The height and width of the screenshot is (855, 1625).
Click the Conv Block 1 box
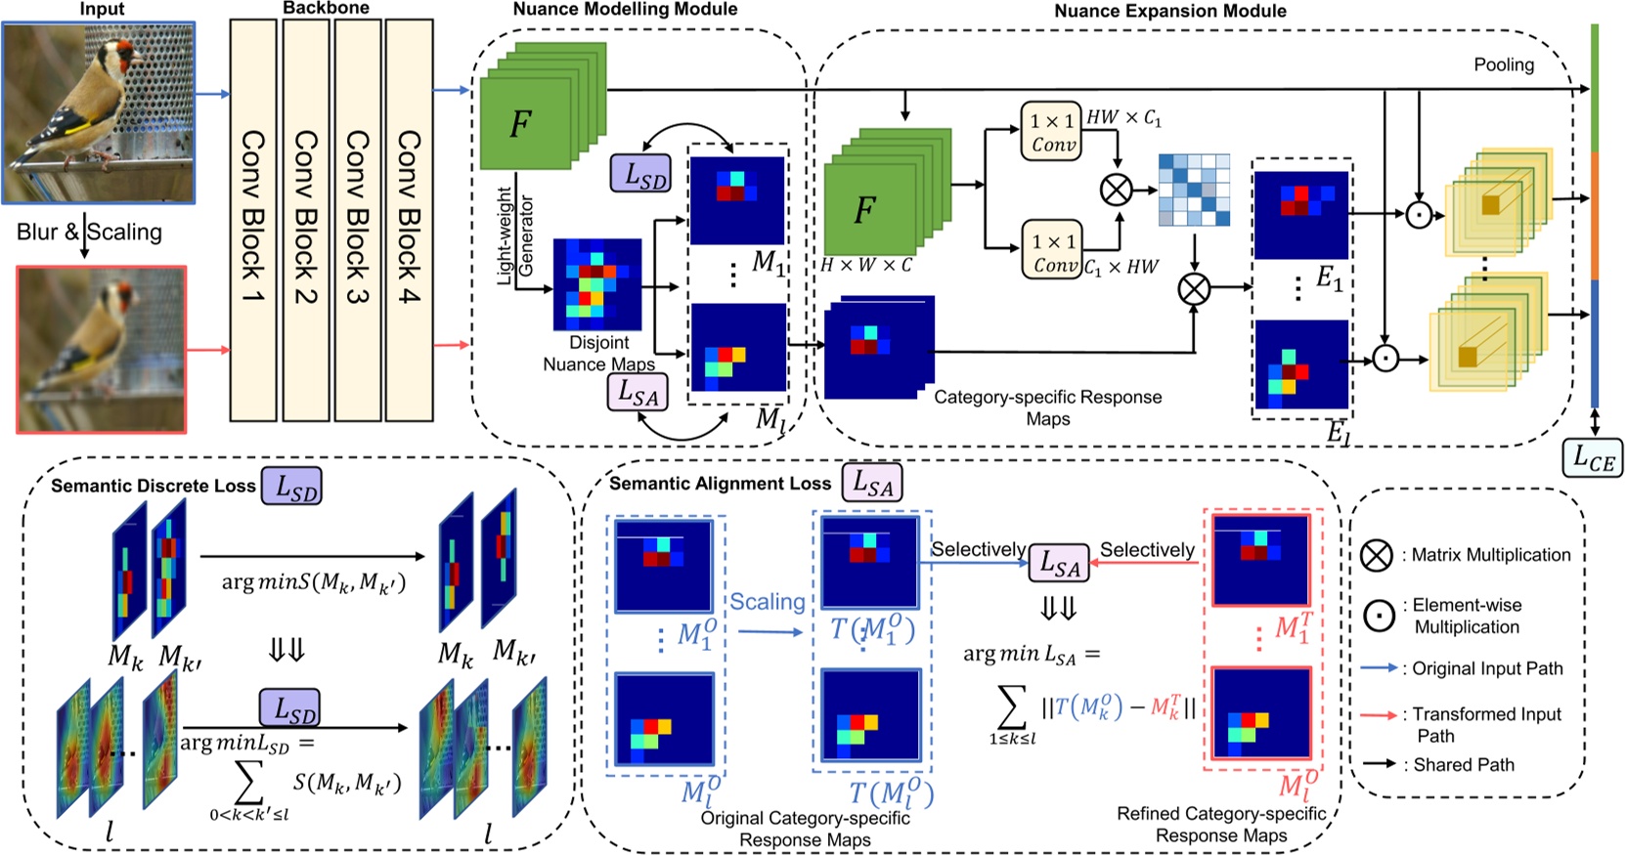(253, 220)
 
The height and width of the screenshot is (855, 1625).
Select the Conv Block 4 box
(409, 220)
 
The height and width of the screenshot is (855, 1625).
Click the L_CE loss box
(1592, 457)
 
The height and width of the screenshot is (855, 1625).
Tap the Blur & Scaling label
(89, 233)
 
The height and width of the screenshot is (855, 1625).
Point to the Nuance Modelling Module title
(625, 10)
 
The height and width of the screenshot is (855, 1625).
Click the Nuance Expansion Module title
(1169, 12)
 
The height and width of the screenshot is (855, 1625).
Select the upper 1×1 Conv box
(1052, 132)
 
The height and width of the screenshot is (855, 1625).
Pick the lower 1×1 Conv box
(1052, 251)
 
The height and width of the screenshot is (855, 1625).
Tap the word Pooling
(1504, 64)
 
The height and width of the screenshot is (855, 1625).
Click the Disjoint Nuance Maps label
(599, 354)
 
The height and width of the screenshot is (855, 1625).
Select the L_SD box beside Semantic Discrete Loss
(291, 487)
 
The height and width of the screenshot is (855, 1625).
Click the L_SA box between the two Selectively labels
(1059, 563)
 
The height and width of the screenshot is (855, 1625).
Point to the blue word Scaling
(768, 602)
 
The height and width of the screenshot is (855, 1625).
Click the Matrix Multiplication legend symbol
(1377, 555)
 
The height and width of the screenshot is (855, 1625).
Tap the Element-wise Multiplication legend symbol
(1380, 616)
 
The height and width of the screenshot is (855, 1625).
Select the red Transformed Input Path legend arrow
(1378, 715)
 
